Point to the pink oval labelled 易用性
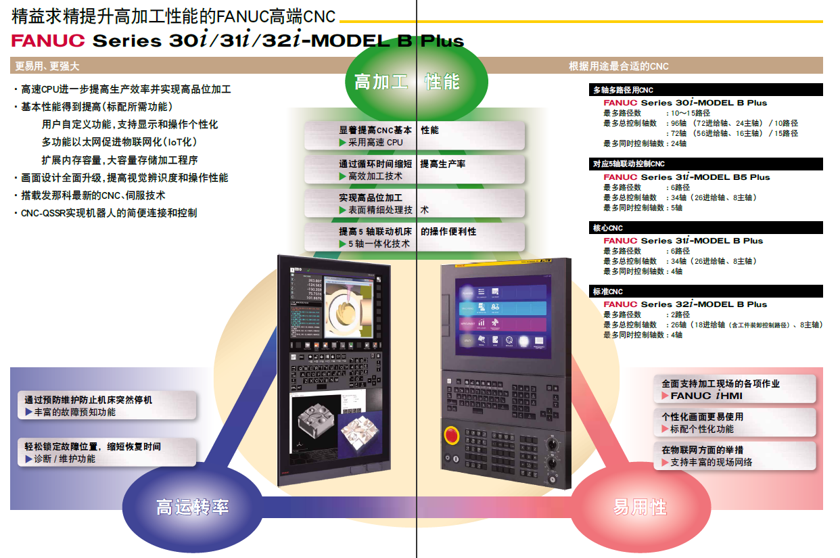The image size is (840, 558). click(640, 507)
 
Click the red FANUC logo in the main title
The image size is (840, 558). click(48, 41)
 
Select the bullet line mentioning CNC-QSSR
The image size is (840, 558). click(108, 213)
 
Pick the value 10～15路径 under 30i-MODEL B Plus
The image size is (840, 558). click(691, 113)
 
